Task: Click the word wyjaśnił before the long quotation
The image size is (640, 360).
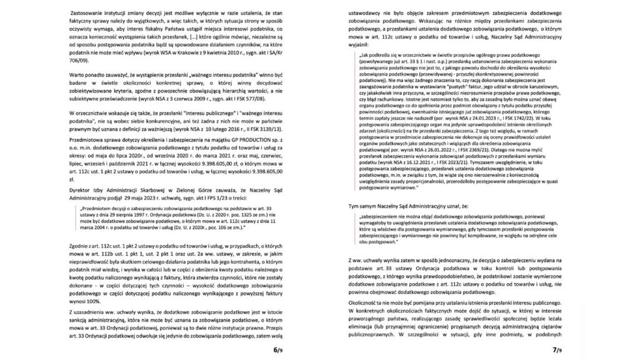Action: pyautogui.click(x=349, y=46)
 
